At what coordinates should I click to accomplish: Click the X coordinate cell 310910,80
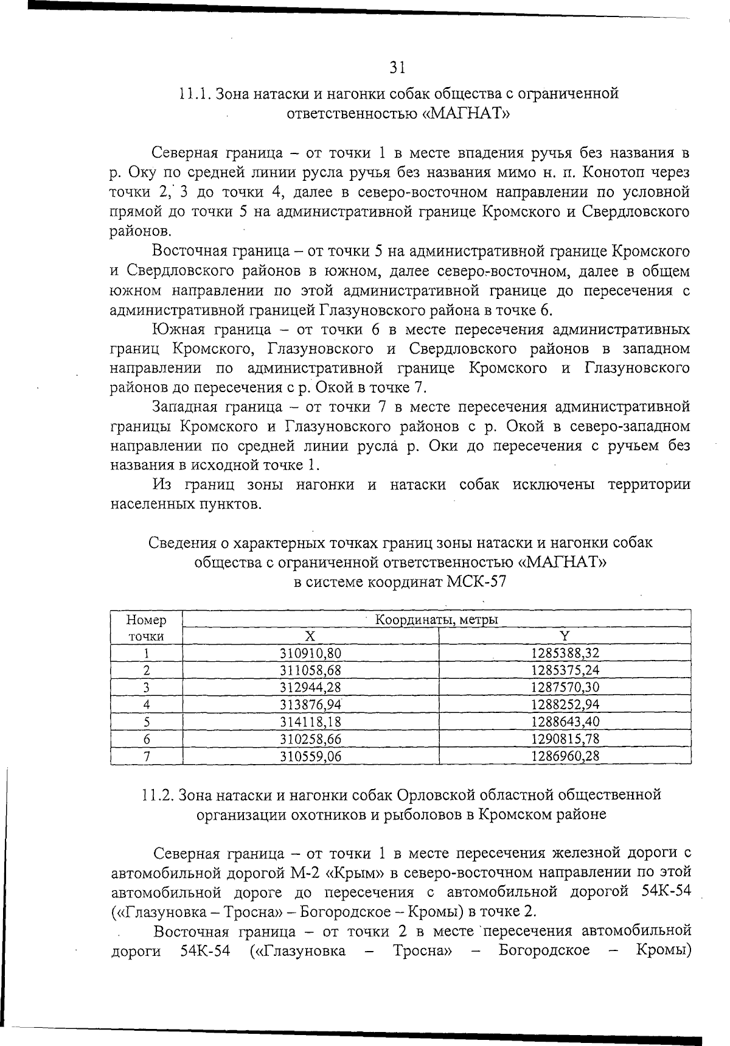[310, 653]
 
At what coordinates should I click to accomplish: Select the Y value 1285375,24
[565, 670]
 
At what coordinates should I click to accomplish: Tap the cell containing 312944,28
[310, 687]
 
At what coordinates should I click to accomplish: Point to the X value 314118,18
[310, 722]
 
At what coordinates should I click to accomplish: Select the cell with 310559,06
[310, 756]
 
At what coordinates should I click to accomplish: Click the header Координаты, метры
[436, 620]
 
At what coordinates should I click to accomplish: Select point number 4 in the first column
[147, 705]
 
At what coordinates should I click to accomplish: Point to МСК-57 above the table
[476, 581]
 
